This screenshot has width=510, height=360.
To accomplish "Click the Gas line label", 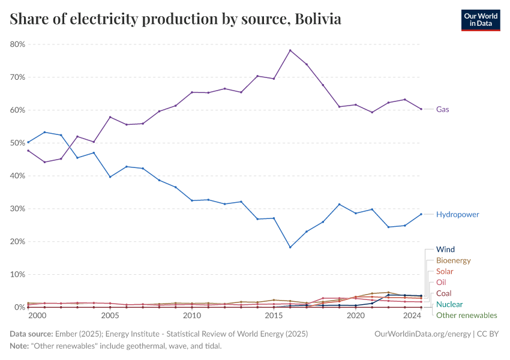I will click(442, 109).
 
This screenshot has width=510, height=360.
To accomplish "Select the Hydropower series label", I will click(457, 214).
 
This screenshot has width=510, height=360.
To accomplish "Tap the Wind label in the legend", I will click(445, 249).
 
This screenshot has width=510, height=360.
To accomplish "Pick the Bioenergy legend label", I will click(453, 260).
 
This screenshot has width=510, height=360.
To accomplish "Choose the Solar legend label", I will click(445, 271).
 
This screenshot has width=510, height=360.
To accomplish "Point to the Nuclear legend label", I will click(449, 304).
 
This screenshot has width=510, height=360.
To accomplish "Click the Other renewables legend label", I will click(466, 315).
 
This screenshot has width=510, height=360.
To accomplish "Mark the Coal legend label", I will click(443, 293).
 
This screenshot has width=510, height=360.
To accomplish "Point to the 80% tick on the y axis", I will click(17, 44).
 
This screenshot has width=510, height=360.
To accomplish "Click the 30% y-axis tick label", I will click(17, 209).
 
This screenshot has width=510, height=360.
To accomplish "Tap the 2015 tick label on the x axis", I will click(274, 316).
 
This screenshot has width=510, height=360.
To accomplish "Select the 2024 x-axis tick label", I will click(413, 316).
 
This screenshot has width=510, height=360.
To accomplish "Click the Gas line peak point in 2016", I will click(290, 50).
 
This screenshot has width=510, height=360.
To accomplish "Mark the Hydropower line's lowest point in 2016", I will click(290, 247).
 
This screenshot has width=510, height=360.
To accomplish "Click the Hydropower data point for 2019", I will click(340, 205).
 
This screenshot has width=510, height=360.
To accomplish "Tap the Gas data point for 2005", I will click(110, 117).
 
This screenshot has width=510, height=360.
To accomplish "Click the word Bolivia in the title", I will click(319, 19).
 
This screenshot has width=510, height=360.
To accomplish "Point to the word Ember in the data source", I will click(65, 333).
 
